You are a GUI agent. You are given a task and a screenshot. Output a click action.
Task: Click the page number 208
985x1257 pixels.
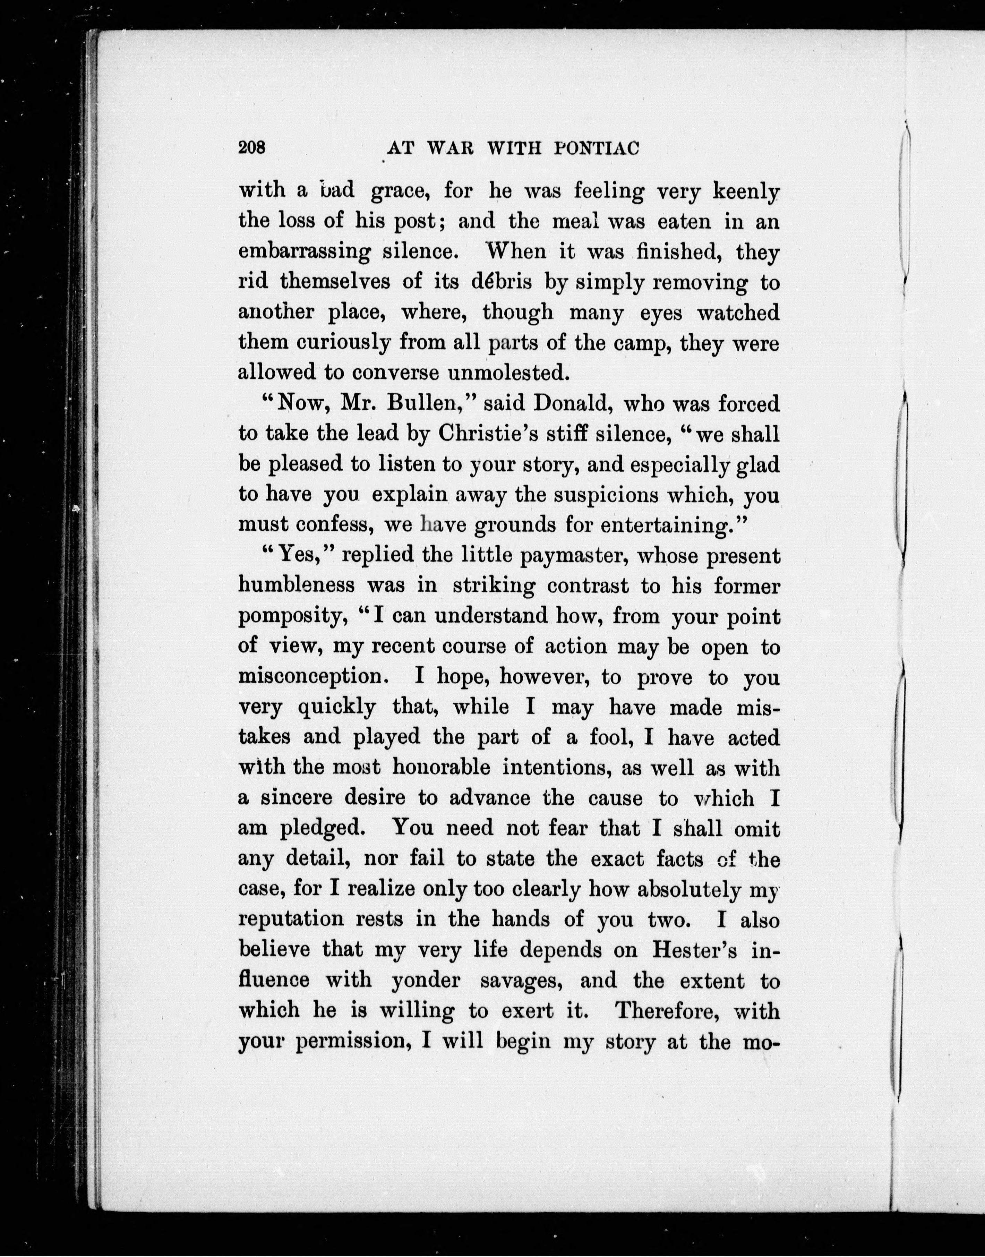click(252, 148)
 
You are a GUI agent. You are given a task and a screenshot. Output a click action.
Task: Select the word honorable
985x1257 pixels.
click(441, 768)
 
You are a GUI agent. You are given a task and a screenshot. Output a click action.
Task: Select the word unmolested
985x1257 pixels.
click(509, 373)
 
